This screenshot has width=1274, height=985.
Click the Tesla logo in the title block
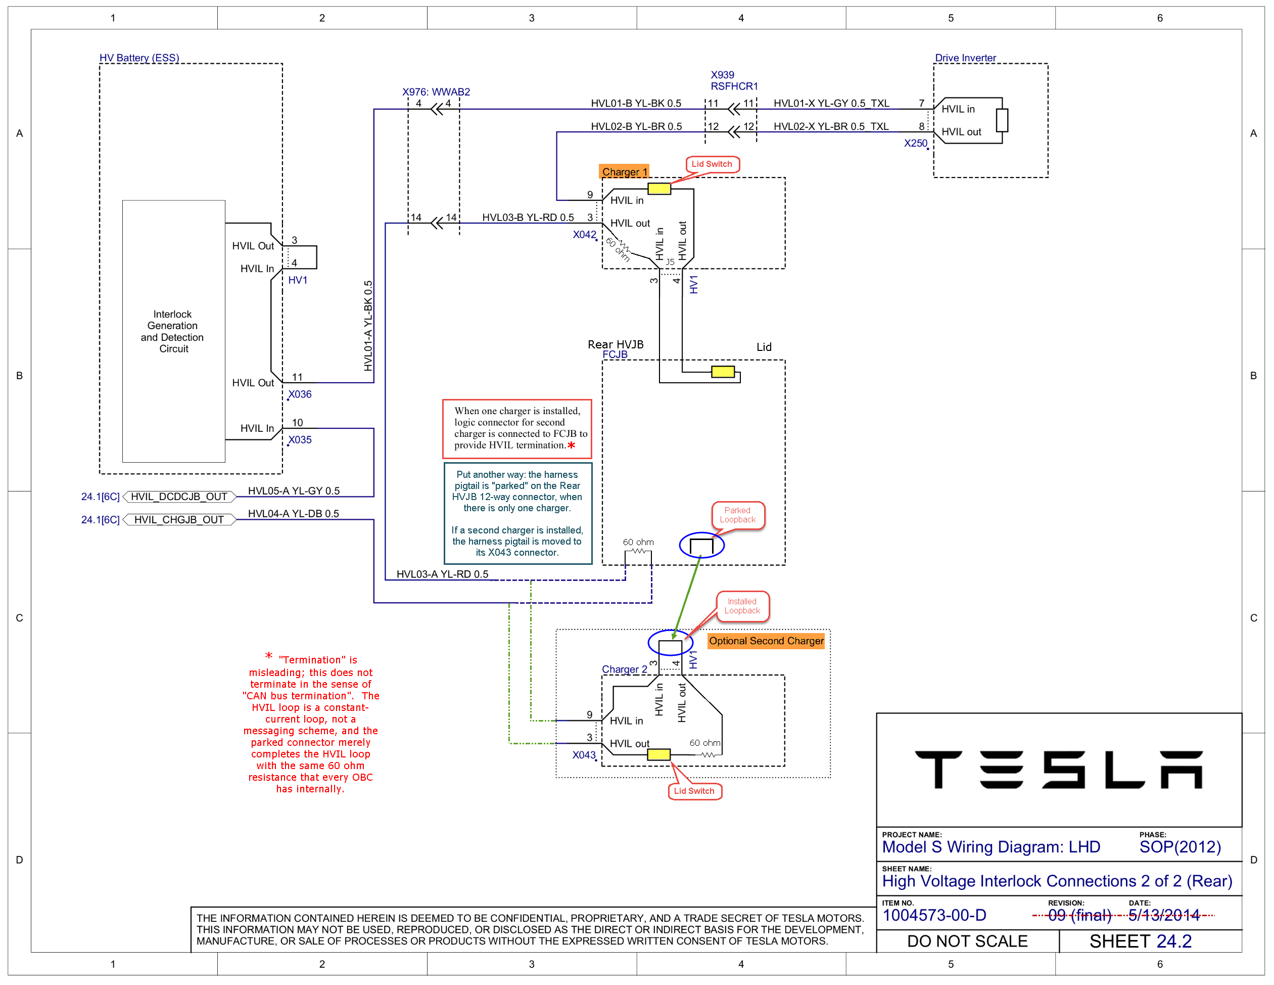click(1058, 769)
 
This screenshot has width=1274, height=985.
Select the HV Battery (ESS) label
click(139, 58)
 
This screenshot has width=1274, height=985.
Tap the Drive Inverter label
click(965, 58)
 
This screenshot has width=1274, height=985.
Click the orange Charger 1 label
click(624, 171)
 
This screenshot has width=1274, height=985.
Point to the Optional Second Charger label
click(766, 641)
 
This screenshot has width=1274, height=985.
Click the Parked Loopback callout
click(737, 515)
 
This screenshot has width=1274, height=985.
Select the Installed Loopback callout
click(742, 606)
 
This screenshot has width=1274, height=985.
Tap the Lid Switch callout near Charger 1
click(712, 164)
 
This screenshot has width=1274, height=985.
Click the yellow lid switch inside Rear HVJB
click(723, 372)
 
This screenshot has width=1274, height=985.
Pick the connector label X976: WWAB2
click(436, 92)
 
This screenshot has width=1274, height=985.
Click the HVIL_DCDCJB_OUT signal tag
click(179, 497)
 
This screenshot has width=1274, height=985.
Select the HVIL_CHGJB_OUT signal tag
click(179, 519)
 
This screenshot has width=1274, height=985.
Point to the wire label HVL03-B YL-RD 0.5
click(528, 217)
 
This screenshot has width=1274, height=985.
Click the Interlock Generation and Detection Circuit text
click(173, 331)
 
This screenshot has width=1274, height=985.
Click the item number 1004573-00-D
click(934, 915)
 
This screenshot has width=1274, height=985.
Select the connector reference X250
click(915, 143)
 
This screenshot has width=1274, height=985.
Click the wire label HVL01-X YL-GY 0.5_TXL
click(831, 103)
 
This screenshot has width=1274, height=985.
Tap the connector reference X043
click(584, 755)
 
